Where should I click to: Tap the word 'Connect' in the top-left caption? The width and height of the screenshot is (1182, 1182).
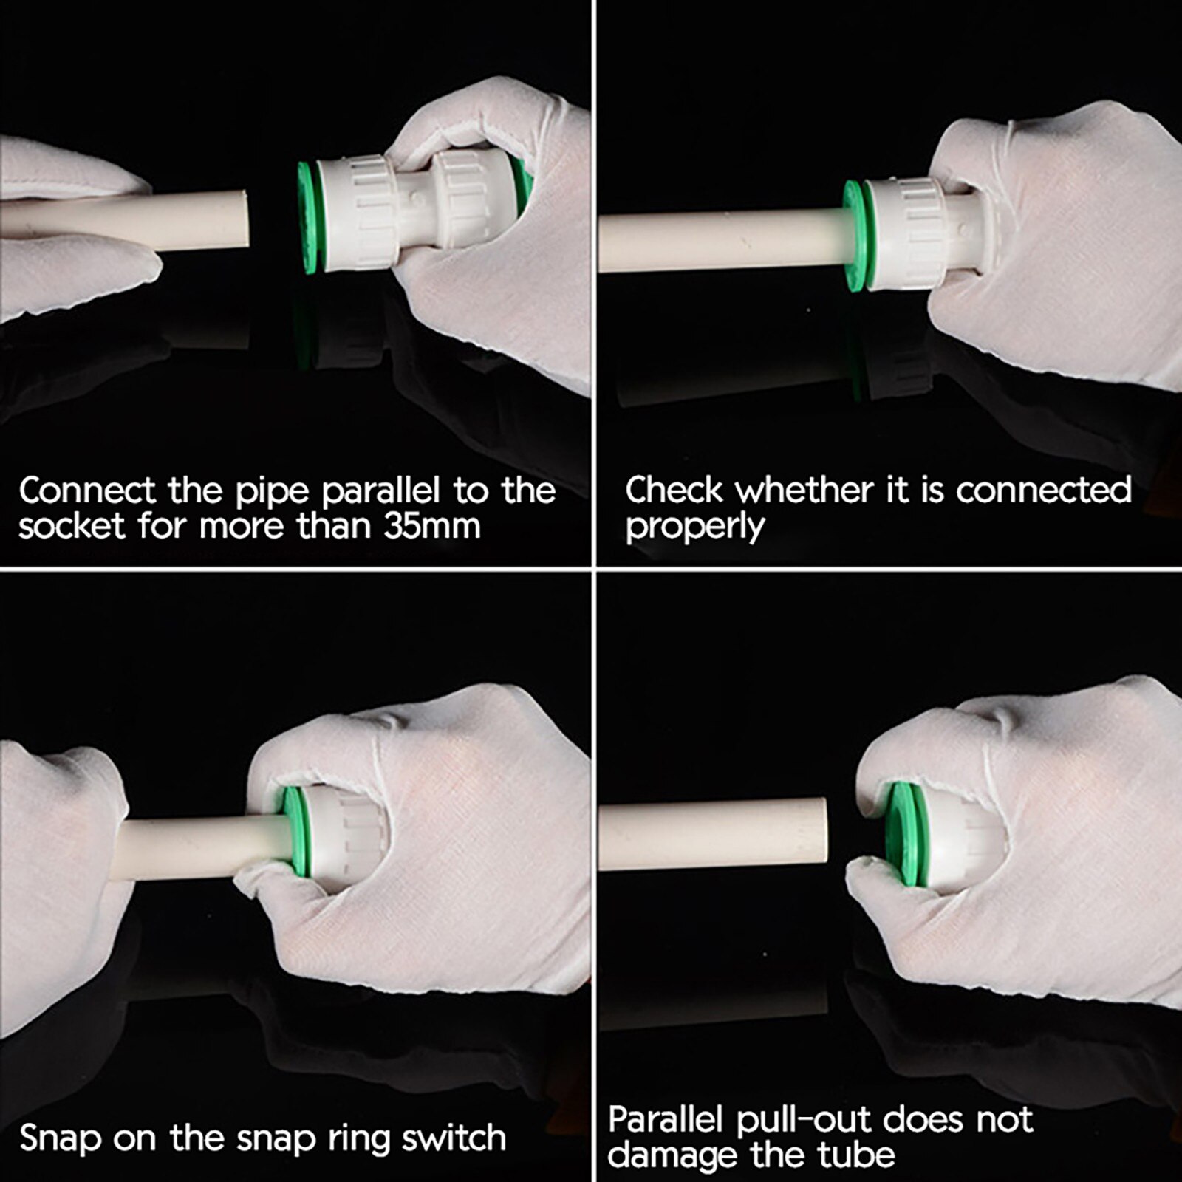[x=87, y=490]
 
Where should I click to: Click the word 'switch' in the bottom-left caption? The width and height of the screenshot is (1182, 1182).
[x=454, y=1138]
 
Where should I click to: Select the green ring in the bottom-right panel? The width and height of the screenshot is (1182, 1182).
[x=903, y=835]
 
